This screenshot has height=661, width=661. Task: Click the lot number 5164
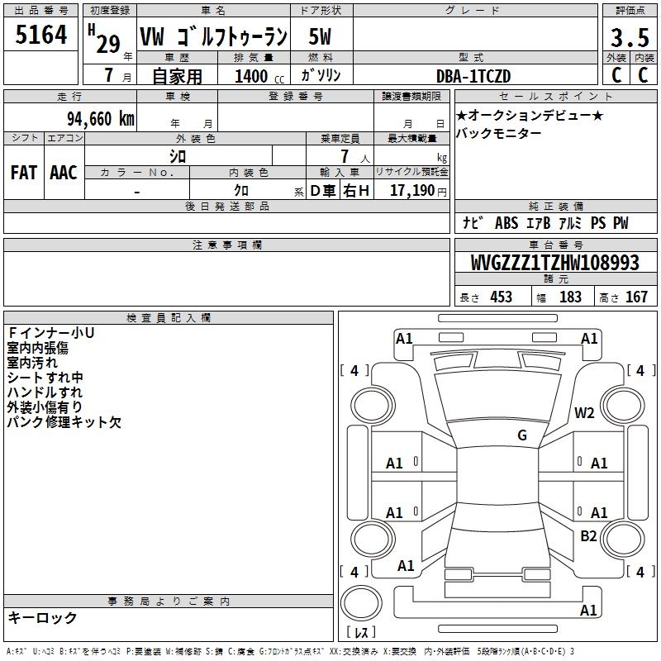click(40, 34)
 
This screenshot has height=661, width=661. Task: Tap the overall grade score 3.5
click(630, 37)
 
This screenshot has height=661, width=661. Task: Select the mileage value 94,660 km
click(101, 119)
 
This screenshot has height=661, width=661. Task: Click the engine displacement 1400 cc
click(259, 76)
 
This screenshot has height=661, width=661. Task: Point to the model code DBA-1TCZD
click(473, 76)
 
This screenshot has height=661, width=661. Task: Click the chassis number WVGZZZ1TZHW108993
click(555, 262)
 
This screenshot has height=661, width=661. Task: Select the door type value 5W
click(320, 36)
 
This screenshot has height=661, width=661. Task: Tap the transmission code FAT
click(24, 173)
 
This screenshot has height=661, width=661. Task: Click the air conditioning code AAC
click(64, 173)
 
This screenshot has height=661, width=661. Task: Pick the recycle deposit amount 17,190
click(412, 190)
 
